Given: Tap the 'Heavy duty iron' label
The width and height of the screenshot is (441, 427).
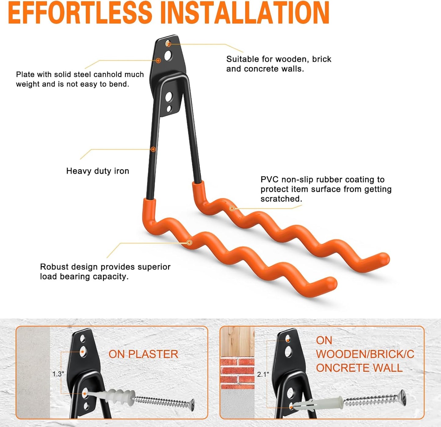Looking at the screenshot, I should (98, 171).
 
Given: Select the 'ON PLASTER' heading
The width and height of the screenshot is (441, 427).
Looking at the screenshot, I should (143, 354).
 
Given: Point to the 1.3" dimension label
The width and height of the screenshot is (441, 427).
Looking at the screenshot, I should (58, 374).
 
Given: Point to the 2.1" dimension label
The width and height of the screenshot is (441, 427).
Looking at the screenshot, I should (263, 374).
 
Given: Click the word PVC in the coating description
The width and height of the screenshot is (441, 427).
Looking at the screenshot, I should (270, 179).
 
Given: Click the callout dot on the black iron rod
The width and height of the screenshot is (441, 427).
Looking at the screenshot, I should (153, 149).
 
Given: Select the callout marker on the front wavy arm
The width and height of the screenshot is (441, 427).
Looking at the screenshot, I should (189, 242).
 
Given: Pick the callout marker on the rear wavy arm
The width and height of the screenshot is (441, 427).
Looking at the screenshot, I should (232, 208).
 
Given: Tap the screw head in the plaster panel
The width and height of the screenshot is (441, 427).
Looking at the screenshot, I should (191, 404).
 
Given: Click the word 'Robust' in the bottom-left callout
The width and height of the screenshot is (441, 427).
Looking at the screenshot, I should (54, 267).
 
